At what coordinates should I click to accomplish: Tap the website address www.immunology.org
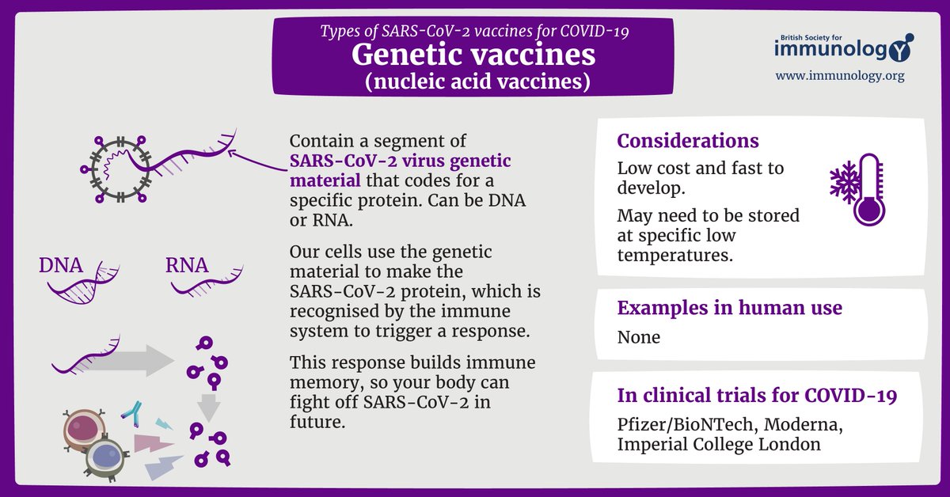[x=839, y=77]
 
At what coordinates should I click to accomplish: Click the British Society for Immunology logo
[x=842, y=47]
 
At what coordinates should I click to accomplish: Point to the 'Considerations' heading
[x=688, y=141]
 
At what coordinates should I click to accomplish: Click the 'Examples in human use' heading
[x=729, y=308]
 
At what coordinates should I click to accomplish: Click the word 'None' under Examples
[x=638, y=337]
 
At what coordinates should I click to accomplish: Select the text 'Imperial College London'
[x=718, y=445]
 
